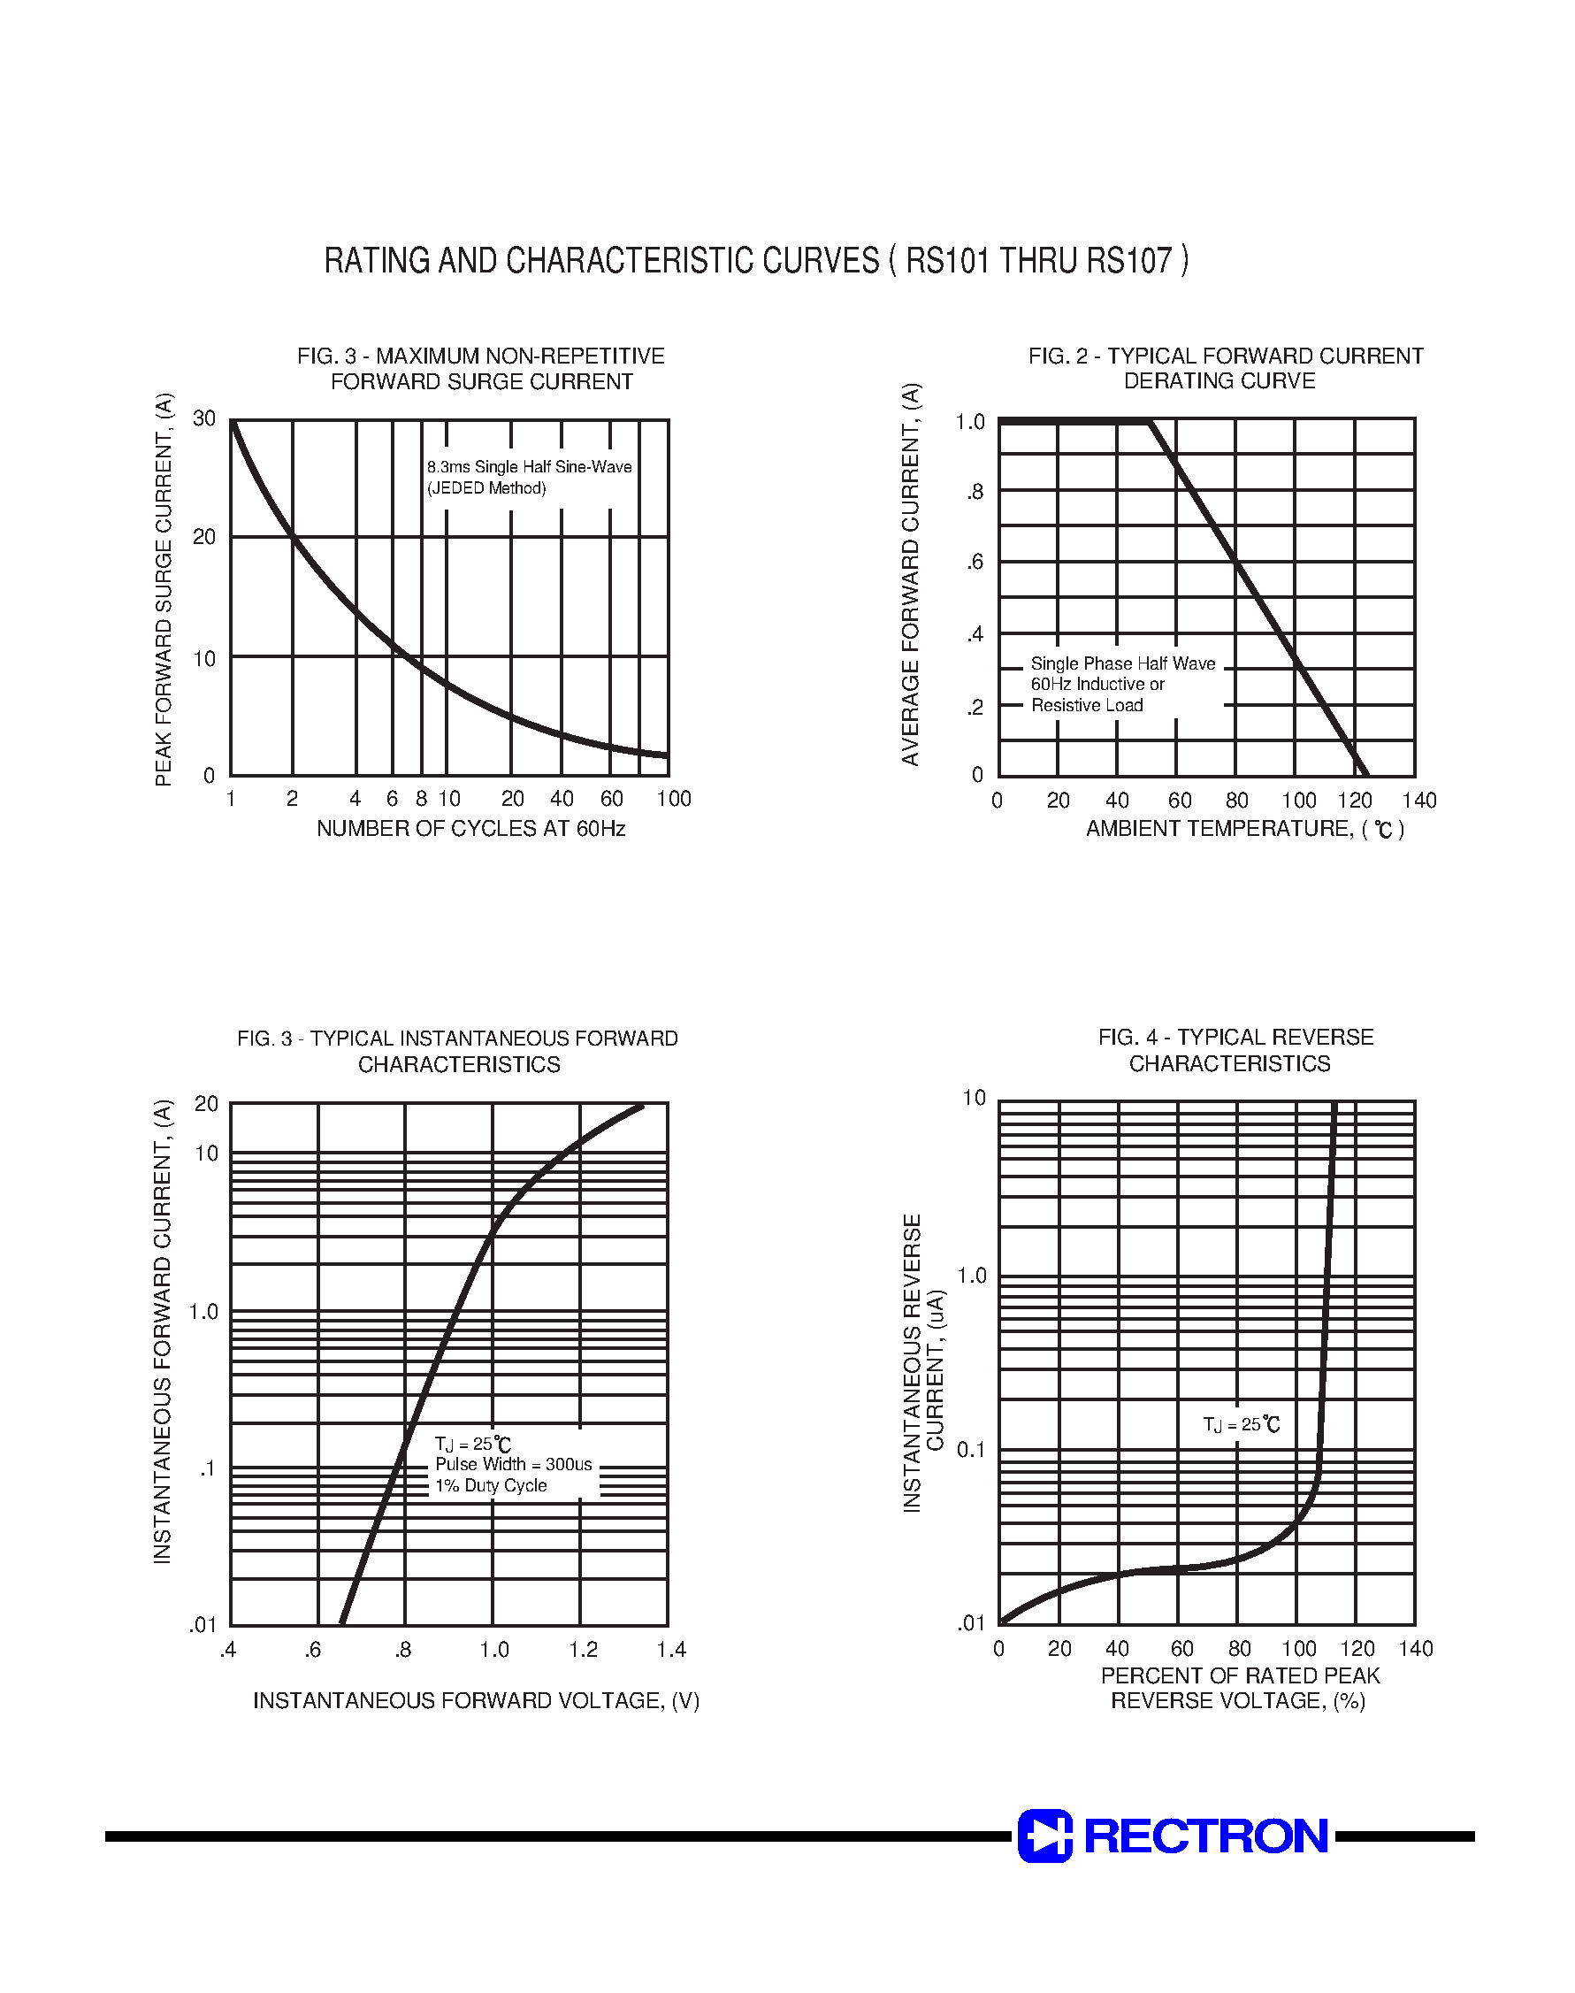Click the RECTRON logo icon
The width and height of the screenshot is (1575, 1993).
[1044, 1836]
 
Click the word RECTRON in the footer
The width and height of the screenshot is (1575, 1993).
[1205, 1836]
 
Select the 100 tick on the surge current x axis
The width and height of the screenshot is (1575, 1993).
[673, 799]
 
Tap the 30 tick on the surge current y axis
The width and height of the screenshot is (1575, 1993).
[203, 418]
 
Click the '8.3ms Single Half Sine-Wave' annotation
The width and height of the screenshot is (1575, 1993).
[530, 467]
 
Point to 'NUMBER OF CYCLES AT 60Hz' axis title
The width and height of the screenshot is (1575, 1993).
[470, 828]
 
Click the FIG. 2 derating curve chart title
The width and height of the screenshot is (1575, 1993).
[1225, 368]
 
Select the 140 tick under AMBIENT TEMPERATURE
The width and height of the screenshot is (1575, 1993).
[1419, 801]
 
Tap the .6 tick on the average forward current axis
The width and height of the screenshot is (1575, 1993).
[975, 562]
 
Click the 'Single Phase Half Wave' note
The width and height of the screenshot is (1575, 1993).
[1122, 663]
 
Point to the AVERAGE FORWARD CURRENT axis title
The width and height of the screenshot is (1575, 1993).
[911, 572]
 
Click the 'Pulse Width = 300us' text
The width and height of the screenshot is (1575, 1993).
[514, 1464]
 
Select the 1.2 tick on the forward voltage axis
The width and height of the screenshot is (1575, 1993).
[583, 1649]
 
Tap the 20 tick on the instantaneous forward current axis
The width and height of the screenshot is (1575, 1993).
[207, 1103]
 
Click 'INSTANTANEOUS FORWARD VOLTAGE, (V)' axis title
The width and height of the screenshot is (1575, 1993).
[476, 1699]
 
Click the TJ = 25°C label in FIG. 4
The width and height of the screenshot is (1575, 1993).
[1242, 1424]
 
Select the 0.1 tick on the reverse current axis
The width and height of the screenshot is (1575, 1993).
[971, 1449]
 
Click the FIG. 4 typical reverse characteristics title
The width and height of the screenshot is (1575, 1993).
[1235, 1049]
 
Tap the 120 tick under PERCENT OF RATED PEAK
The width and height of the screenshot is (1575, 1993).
[1357, 1648]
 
